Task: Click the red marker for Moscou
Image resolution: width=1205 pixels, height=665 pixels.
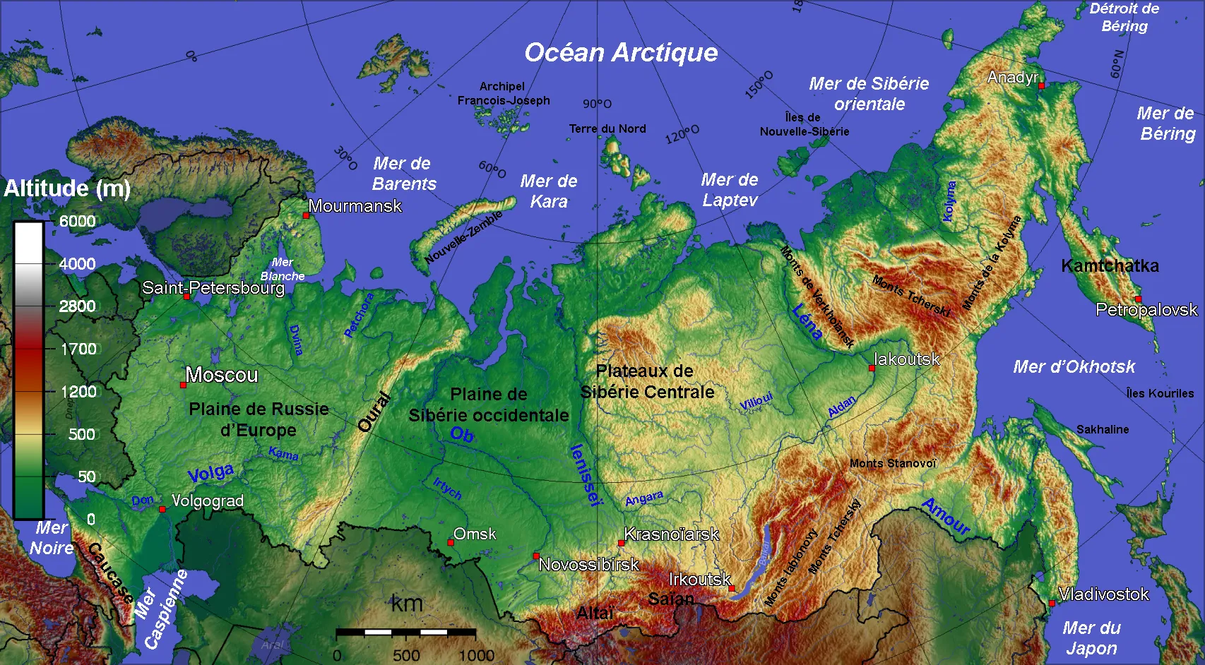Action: [x=183, y=385]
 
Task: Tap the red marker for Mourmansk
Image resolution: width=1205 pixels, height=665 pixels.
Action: [x=306, y=215]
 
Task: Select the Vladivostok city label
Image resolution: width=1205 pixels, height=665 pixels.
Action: [x=1103, y=594]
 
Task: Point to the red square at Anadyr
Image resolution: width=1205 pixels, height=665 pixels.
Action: [x=1041, y=85]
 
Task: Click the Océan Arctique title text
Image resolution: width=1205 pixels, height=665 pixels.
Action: [x=621, y=53]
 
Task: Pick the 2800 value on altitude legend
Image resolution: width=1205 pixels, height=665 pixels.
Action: [x=77, y=306]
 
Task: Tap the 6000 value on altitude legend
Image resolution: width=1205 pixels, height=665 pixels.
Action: [x=77, y=221]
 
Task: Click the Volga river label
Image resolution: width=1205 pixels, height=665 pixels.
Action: [x=210, y=473]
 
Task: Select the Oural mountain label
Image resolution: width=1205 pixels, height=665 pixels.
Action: [x=374, y=412]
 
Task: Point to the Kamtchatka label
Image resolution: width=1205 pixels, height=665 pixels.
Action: [x=1110, y=266]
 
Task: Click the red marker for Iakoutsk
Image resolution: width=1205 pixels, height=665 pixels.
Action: [x=872, y=368]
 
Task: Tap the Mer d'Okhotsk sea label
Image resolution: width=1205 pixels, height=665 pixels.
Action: [x=1074, y=367]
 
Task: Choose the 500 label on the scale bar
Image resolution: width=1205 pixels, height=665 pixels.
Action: [x=406, y=655]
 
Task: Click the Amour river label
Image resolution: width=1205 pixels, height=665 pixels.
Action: [x=946, y=517]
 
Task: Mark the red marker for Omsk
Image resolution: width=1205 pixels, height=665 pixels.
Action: [x=451, y=543]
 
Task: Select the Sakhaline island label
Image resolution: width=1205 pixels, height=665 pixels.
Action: [x=1102, y=429]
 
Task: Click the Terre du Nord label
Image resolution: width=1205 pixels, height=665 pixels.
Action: [x=607, y=128]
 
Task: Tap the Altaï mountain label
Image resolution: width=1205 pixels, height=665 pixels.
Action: [x=595, y=613]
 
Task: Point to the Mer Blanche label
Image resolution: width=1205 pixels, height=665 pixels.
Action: [x=283, y=269]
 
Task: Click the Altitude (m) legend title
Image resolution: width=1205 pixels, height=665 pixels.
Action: [x=67, y=188]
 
